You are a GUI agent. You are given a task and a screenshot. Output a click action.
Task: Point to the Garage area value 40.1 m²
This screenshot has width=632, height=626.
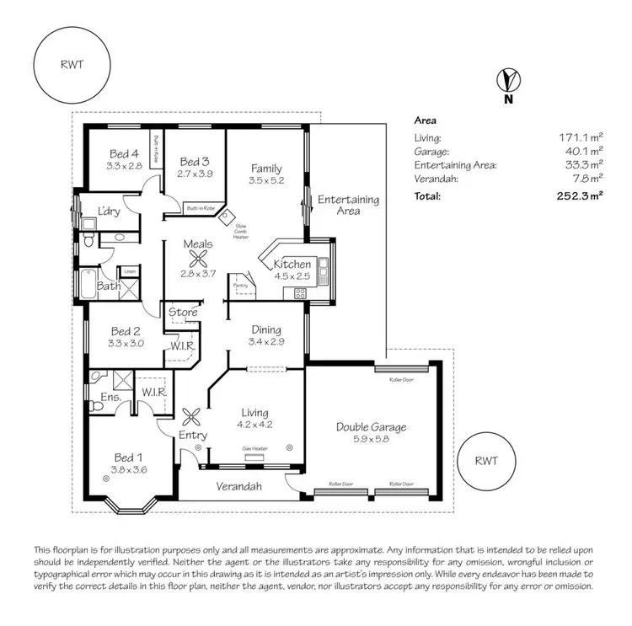(583, 151)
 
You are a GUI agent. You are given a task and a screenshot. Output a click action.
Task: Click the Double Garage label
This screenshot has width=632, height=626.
(372, 427)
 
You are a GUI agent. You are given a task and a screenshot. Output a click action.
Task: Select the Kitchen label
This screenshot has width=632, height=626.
(292, 265)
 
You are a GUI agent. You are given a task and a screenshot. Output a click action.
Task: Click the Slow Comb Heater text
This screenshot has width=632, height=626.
(241, 231)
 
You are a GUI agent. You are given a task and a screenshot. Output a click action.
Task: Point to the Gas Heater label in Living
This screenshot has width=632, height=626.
(254, 449)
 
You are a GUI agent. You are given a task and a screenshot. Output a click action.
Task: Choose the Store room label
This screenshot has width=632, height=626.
(183, 313)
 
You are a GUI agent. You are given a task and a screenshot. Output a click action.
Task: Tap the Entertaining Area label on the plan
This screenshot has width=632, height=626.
(348, 206)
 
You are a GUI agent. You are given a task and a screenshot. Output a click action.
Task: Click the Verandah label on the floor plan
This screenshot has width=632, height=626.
(238, 486)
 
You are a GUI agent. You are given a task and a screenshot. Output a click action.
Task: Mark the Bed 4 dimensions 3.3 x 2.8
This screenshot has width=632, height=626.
(124, 167)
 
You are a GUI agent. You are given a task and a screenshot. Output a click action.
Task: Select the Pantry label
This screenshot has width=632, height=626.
(241, 285)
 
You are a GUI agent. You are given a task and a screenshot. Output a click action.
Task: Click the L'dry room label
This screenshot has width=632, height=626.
(109, 211)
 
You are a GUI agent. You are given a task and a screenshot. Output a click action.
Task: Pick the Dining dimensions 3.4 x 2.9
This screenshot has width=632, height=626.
(265, 342)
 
